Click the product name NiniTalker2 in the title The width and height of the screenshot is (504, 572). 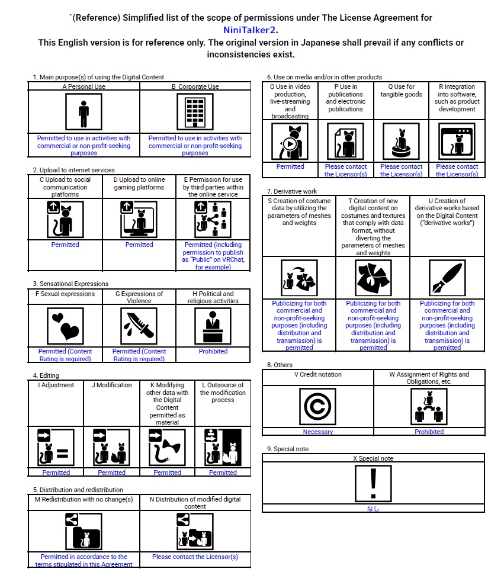(x=251, y=30)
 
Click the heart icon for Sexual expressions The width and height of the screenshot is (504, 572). (x=65, y=326)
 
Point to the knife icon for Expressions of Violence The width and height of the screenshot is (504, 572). (x=139, y=326)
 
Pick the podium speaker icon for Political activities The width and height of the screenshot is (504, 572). (x=213, y=326)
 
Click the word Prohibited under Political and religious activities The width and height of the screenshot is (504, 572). (x=213, y=351)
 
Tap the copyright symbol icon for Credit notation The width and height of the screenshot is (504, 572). (x=317, y=406)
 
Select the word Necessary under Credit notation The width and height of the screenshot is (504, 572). (x=317, y=432)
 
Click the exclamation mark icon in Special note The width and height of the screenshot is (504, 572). (x=373, y=483)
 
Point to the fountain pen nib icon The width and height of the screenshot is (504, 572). (x=447, y=278)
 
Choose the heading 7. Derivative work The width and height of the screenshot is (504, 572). (x=291, y=191)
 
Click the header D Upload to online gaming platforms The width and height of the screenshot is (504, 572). (x=139, y=183)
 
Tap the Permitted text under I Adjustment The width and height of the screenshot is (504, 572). (x=56, y=473)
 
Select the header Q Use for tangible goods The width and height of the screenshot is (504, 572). (x=401, y=91)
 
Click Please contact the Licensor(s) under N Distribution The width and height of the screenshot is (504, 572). (x=195, y=557)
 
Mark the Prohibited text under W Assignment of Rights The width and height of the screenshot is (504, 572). (x=429, y=432)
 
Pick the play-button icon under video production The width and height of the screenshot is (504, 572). (x=290, y=142)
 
